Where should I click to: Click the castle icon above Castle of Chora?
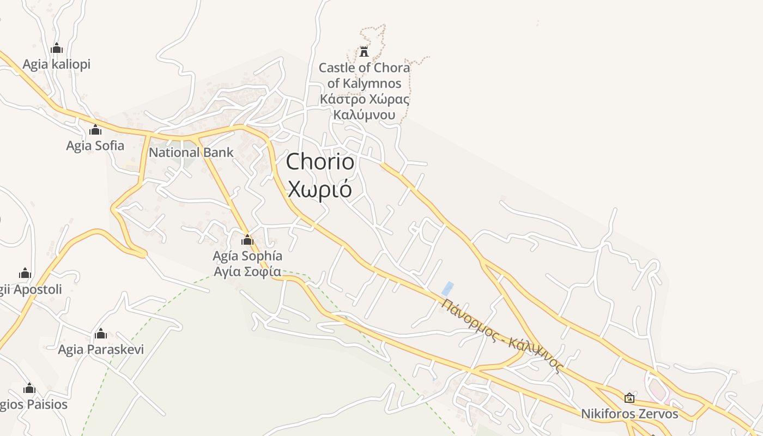[x=364, y=52]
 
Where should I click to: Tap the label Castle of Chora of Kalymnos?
[x=364, y=75]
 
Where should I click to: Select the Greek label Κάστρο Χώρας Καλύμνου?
[x=364, y=107]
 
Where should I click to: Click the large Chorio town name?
[x=320, y=161]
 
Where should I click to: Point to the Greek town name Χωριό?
[x=320, y=189]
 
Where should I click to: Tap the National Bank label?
[x=191, y=153]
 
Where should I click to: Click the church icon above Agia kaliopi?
[x=57, y=49]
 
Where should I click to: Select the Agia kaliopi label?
[x=57, y=64]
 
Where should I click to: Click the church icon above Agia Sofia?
[x=95, y=130]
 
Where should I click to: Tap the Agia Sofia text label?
[x=95, y=146]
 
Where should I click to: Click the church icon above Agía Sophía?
[x=247, y=240]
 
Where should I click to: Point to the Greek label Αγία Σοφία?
[x=247, y=271]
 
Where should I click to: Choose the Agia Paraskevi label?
[x=101, y=349]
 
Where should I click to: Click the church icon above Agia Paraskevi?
[x=101, y=334]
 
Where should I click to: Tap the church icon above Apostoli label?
[x=25, y=274]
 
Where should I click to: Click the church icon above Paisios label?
[x=29, y=389]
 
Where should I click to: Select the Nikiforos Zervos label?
[x=629, y=414]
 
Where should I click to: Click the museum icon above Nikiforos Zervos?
[x=629, y=398]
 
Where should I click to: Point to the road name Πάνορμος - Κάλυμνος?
[x=501, y=335]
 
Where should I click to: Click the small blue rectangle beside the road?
[x=447, y=289]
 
